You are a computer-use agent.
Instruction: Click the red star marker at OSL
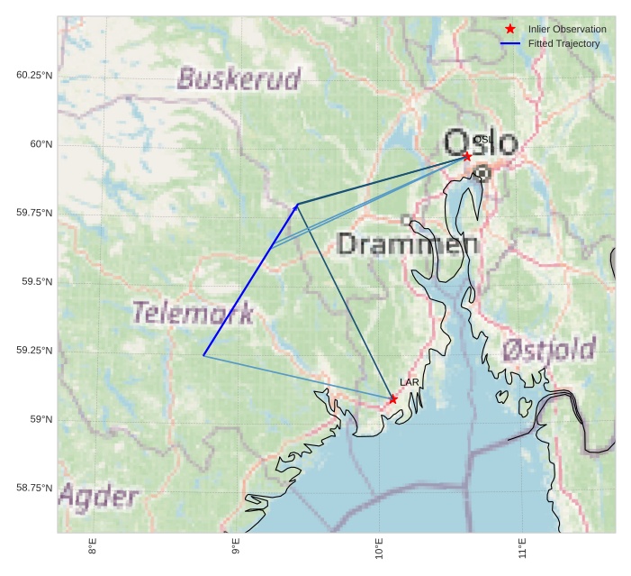click(x=467, y=156)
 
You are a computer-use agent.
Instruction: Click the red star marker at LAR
click(x=393, y=398)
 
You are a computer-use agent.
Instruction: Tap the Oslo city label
click(x=481, y=143)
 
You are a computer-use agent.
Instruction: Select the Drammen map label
click(x=407, y=242)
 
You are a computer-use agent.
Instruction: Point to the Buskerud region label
click(x=239, y=79)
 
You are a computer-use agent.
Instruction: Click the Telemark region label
click(x=193, y=314)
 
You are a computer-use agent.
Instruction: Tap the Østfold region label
click(x=548, y=350)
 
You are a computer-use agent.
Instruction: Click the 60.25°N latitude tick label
click(x=34, y=75)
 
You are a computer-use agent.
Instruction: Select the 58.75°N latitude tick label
click(x=34, y=488)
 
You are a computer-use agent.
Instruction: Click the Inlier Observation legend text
click(x=567, y=29)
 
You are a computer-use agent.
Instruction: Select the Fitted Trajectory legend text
click(x=563, y=43)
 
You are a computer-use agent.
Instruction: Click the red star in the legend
click(x=510, y=29)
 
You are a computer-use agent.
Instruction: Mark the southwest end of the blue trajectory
click(x=203, y=355)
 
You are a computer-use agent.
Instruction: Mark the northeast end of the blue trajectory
click(x=298, y=205)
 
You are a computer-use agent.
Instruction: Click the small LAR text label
click(x=410, y=382)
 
